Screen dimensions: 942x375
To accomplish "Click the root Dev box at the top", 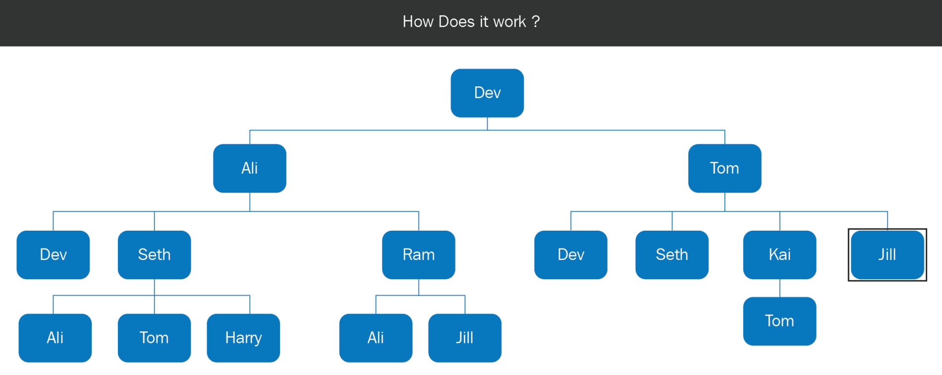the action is click(487, 93).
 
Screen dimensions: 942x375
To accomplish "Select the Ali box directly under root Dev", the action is click(250, 168).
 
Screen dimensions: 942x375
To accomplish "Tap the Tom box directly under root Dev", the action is click(724, 168).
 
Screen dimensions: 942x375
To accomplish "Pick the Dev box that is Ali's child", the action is click(53, 255).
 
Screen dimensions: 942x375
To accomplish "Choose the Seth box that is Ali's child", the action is click(154, 255).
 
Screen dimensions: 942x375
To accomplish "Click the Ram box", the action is click(419, 255).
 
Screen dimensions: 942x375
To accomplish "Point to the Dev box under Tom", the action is click(571, 255).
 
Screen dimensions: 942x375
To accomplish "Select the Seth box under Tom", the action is click(672, 255).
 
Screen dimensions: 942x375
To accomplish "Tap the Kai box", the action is click(779, 255).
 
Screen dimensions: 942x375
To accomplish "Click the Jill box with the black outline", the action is click(887, 255).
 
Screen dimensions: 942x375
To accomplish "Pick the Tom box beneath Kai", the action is click(779, 321).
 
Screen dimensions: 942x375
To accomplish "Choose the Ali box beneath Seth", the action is click(55, 338).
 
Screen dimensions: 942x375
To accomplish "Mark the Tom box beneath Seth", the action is click(154, 338).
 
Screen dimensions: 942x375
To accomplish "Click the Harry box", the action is click(243, 338).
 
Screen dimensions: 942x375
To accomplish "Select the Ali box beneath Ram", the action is click(376, 338).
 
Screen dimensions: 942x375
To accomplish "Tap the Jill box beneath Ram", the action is click(465, 338).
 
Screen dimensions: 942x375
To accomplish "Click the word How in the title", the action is click(418, 22).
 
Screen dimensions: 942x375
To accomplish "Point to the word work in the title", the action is click(509, 22).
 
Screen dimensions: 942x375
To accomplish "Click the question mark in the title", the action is click(536, 22).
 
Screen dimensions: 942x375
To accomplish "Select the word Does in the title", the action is click(456, 22).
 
